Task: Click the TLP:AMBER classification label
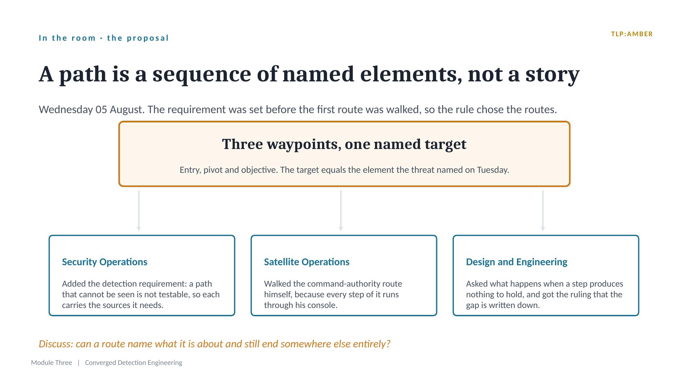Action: pyautogui.click(x=632, y=34)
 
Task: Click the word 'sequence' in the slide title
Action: pyautogui.click(x=202, y=74)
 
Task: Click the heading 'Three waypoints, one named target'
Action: pyautogui.click(x=344, y=144)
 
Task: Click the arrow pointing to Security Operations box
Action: pyautogui.click(x=139, y=211)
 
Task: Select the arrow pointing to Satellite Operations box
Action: pyautogui.click(x=341, y=211)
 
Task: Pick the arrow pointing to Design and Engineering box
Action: pyautogui.click(x=543, y=211)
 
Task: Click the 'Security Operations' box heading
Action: pyautogui.click(x=105, y=262)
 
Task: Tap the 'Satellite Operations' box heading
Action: pyautogui.click(x=307, y=262)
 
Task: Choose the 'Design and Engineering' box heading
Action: pyautogui.click(x=517, y=262)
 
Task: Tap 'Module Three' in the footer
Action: pyautogui.click(x=51, y=363)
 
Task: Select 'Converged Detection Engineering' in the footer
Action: pyautogui.click(x=134, y=363)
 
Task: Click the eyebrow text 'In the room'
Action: pyautogui.click(x=67, y=38)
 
